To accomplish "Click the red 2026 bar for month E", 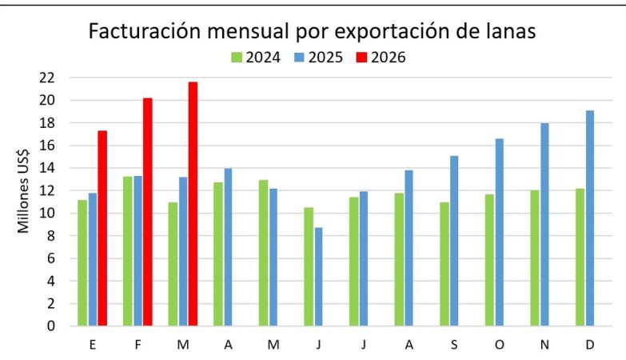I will pos(102,228).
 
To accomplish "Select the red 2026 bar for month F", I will pos(148,212).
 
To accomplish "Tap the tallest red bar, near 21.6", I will pos(193,204).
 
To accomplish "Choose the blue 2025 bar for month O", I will pos(500,233).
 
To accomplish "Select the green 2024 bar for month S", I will pos(445,264).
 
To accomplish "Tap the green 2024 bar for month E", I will pos(82,263).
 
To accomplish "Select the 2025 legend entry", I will pos(321,58).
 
